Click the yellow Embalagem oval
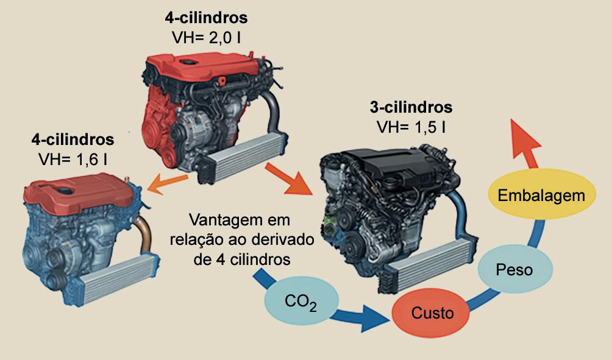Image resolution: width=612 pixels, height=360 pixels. [541, 196]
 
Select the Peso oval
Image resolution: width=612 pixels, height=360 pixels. [514, 269]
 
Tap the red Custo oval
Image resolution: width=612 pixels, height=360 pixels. [432, 313]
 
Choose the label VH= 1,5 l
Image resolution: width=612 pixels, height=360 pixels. [410, 127]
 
